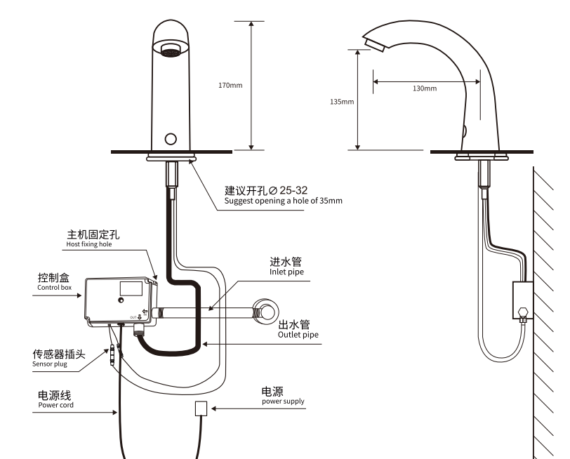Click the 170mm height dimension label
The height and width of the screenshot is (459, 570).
coord(230,86)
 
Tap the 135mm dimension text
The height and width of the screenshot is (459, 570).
coord(342,102)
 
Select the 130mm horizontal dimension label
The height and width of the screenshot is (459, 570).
coord(425,88)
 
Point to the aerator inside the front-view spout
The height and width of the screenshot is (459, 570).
coord(170,51)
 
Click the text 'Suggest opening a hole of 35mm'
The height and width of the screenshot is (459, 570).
coord(283,201)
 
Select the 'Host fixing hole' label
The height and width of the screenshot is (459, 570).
coord(89,245)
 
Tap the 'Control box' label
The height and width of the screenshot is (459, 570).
coord(54,287)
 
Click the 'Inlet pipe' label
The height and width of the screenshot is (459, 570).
coord(287,272)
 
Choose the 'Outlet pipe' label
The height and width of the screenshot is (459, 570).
coord(298,335)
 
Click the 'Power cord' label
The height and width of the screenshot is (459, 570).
coord(55,405)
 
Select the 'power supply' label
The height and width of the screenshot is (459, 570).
coord(283,401)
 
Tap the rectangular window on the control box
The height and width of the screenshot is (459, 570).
coord(131,288)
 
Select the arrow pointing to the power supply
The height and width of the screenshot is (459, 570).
coord(235,408)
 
